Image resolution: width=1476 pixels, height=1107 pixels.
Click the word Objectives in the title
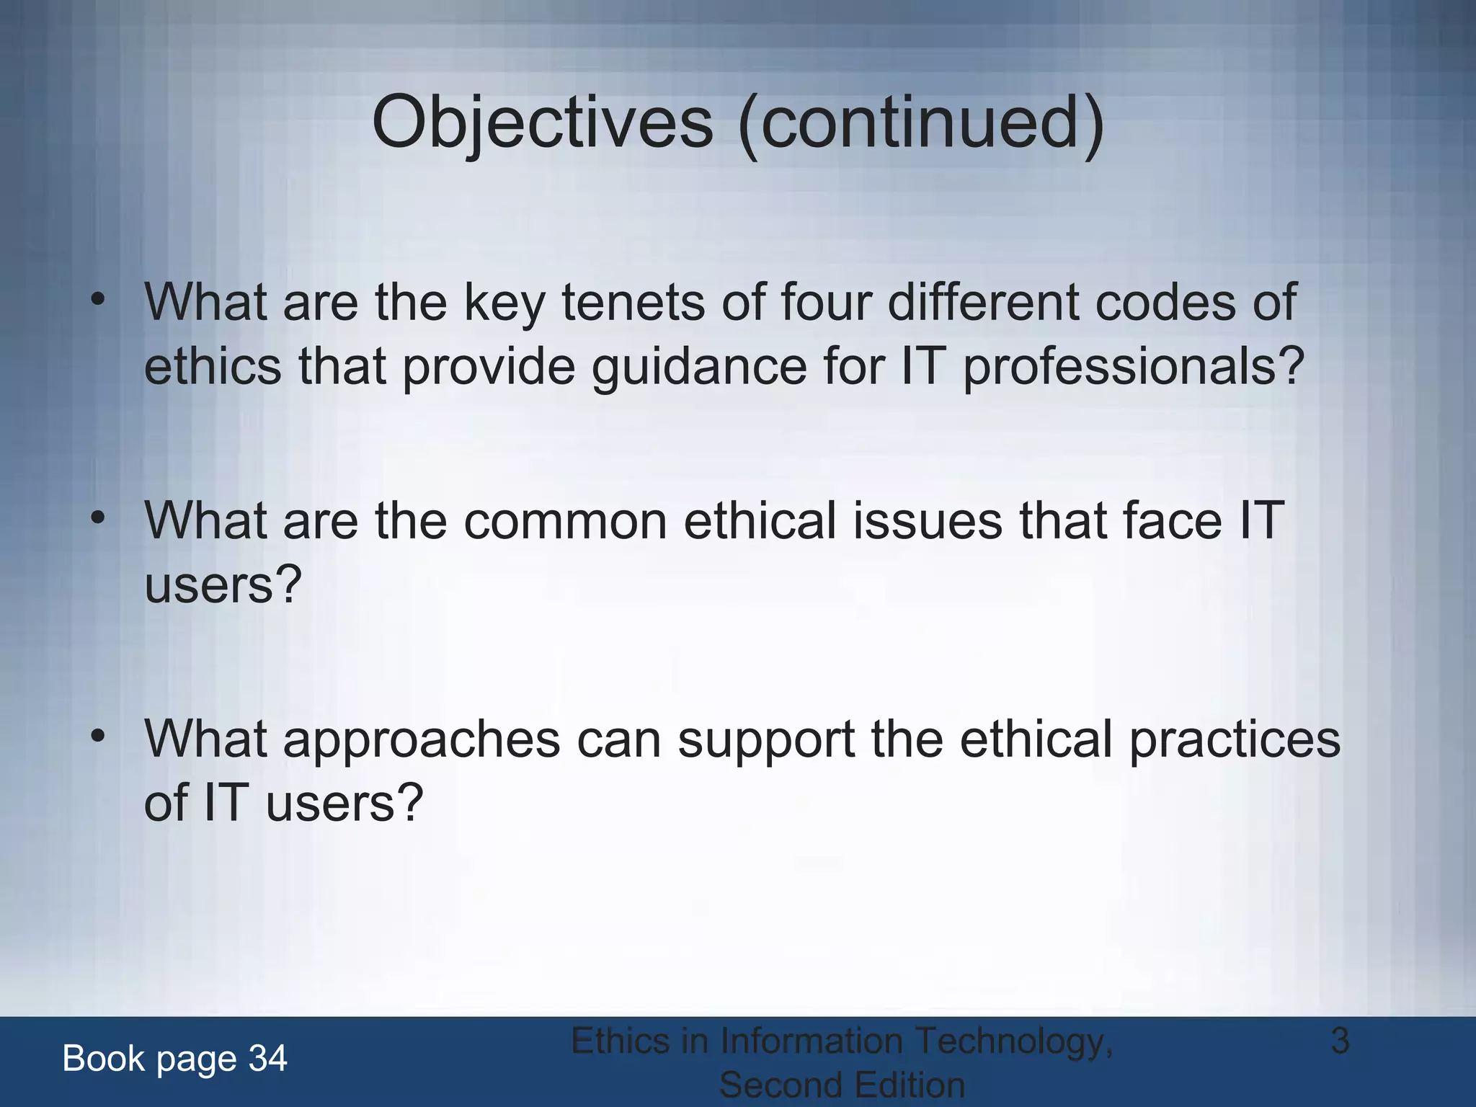(542, 123)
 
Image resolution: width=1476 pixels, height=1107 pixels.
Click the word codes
(1165, 303)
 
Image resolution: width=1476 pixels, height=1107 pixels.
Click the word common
(564, 521)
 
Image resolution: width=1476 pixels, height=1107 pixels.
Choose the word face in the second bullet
(1173, 521)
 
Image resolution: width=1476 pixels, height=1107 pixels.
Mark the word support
(765, 740)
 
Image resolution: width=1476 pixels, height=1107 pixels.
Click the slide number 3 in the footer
(1339, 1041)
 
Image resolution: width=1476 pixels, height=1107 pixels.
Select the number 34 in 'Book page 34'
(267, 1059)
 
